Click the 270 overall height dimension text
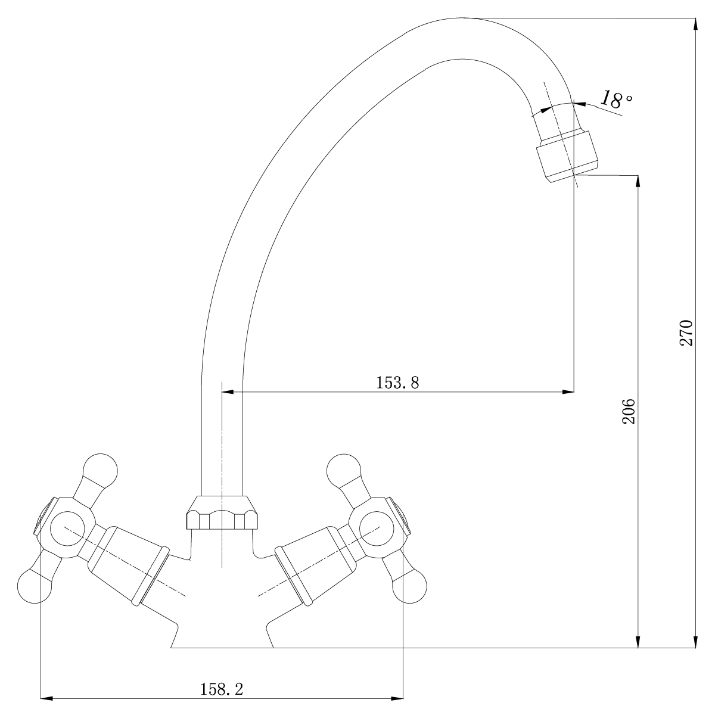[x=686, y=333]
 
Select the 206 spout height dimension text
[x=629, y=411]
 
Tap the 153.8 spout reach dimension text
[x=398, y=383]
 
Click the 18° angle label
[x=615, y=99]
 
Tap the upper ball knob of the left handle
[x=100, y=471]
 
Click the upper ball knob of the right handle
[x=344, y=471]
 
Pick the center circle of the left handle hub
[x=67, y=529]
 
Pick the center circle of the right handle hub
[x=377, y=529]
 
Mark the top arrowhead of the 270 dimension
[x=696, y=24]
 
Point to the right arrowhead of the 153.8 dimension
[x=568, y=392]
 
